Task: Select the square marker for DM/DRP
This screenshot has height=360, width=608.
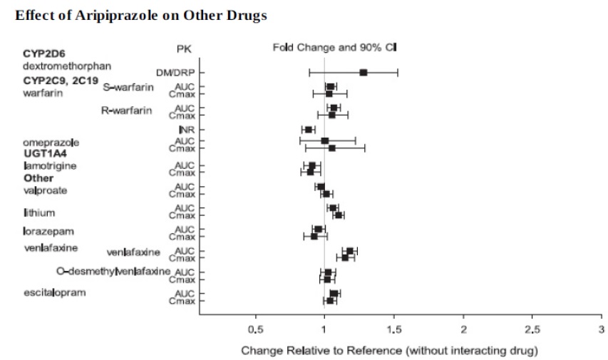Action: tap(364, 72)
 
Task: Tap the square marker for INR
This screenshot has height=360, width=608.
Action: tap(309, 129)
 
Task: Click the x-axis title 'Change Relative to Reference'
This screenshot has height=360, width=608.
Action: tap(388, 350)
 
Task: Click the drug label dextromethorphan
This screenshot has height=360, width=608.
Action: tap(67, 66)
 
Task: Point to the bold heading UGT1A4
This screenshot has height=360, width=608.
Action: tap(45, 153)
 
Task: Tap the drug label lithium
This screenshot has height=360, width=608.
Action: tap(39, 212)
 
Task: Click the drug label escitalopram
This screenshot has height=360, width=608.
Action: tap(54, 292)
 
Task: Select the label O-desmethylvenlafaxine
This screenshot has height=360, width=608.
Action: tap(113, 272)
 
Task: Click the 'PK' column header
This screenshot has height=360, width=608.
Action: tap(184, 48)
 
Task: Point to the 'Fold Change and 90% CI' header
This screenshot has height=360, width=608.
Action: tap(334, 47)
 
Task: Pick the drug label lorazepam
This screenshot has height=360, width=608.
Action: tap(48, 232)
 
